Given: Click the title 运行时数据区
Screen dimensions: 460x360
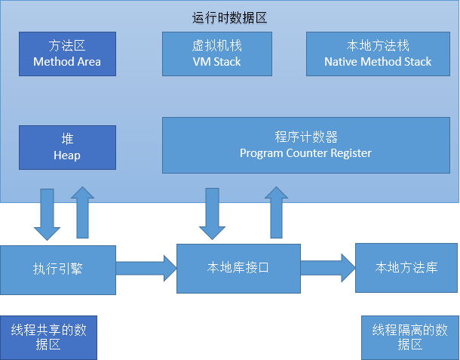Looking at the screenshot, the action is click(x=229, y=17).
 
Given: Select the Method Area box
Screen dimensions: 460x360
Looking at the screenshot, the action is click(x=67, y=54).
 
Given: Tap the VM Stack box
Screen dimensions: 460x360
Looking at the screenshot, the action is click(x=217, y=54).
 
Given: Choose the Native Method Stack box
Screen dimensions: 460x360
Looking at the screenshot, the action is click(x=378, y=54).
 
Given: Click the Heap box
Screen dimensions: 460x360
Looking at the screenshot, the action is click(x=67, y=147).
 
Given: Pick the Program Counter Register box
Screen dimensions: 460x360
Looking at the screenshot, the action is click(x=306, y=146).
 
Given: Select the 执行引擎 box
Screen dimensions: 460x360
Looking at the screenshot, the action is click(x=58, y=270).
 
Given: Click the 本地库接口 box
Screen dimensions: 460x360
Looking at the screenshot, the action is click(x=238, y=269).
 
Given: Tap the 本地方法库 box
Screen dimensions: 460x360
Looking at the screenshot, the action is click(x=406, y=268).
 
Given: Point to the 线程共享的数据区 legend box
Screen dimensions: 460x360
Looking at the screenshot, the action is click(x=48, y=337).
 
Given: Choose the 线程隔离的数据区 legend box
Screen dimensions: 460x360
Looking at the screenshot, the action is click(x=410, y=337).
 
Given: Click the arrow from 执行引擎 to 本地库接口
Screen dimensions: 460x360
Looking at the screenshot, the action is click(x=146, y=269).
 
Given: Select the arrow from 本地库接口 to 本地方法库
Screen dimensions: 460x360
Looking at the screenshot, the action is click(x=328, y=268).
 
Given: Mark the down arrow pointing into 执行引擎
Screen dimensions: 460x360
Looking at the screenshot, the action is click(x=48, y=214).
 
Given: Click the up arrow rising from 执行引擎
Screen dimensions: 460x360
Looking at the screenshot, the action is click(x=82, y=212).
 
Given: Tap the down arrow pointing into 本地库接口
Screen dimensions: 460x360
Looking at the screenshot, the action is click(x=212, y=214).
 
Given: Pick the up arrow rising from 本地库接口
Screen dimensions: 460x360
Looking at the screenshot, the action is click(x=276, y=212).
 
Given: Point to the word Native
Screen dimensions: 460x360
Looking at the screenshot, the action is click(x=341, y=62).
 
